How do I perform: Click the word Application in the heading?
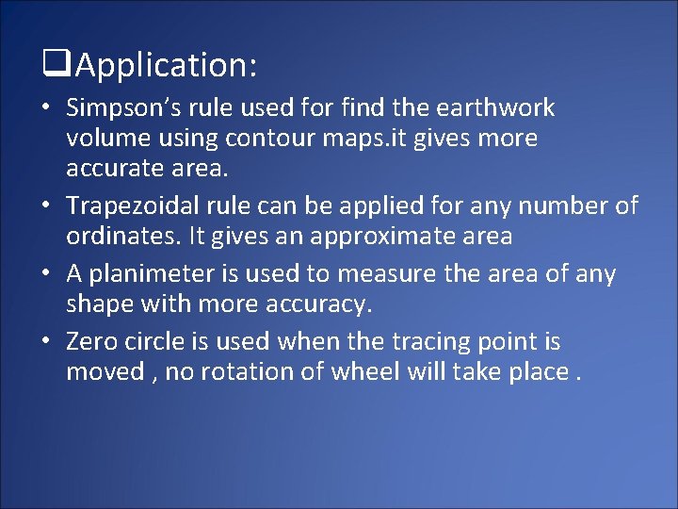click(x=160, y=66)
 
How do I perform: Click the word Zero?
click(x=92, y=342)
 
